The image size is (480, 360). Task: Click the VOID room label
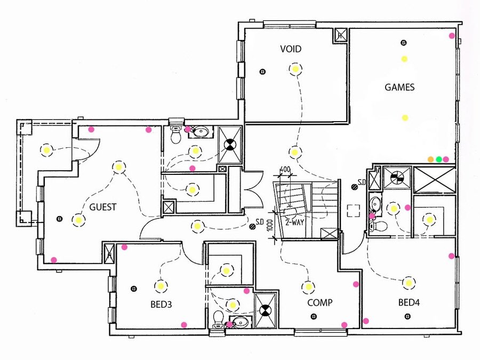291,49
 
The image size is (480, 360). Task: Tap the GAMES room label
399,87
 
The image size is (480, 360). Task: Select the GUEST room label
103,207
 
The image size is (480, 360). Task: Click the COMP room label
320,303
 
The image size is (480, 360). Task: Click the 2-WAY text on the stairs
294,222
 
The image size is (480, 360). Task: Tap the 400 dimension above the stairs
285,170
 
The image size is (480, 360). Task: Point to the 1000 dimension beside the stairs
270,226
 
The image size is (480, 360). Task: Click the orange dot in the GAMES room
431,159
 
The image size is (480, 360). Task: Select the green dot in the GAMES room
439,159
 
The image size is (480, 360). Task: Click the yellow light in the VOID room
295,69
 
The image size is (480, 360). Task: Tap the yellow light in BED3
161,286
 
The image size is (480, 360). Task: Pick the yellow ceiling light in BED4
409,283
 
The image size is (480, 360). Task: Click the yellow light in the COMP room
308,287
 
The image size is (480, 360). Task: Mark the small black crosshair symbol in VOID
262,71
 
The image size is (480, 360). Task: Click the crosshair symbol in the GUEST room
59,218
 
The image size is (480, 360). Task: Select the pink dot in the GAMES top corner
452,36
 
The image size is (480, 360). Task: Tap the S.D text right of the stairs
361,183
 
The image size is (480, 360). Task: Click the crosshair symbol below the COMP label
313,317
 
